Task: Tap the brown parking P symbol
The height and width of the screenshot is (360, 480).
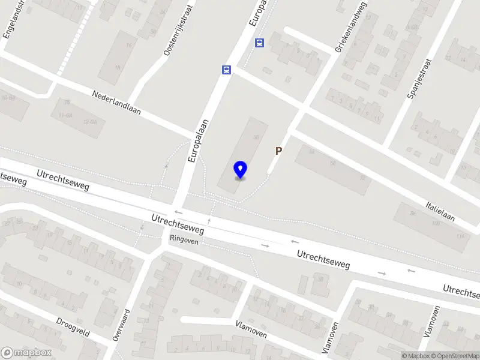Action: [278, 151]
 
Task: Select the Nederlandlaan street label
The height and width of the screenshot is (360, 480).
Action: [116, 103]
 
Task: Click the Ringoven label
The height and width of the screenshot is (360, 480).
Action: [184, 238]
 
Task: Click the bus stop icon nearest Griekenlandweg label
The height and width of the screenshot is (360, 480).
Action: [260, 43]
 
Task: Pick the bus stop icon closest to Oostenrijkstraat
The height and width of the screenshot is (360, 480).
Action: [226, 70]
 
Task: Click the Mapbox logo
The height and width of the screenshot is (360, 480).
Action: [26, 353]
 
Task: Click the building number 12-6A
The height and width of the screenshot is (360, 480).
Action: [90, 121]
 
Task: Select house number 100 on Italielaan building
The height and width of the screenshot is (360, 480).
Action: [434, 223]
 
